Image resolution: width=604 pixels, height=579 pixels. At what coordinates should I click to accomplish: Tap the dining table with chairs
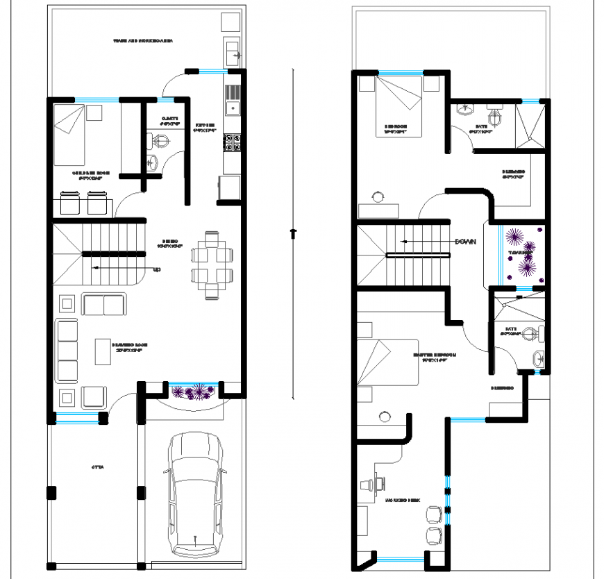pyautogui.click(x=211, y=264)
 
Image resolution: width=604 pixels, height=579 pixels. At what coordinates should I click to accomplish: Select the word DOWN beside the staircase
pyautogui.click(x=464, y=242)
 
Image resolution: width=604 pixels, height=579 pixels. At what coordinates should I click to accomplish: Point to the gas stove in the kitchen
pyautogui.click(x=232, y=143)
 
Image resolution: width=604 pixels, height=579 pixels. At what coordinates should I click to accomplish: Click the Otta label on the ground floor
pyautogui.click(x=97, y=467)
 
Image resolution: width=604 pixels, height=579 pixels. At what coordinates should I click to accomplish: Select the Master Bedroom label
pyautogui.click(x=435, y=356)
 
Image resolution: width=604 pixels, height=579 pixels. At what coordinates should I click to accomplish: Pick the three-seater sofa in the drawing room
pyautogui.click(x=67, y=351)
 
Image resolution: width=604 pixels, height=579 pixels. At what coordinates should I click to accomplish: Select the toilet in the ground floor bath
pyautogui.click(x=160, y=142)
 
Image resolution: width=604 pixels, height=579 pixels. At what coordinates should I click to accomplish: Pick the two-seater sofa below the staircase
pyautogui.click(x=103, y=304)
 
